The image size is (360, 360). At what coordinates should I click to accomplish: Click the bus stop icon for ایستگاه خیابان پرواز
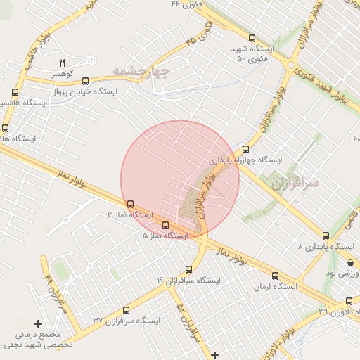(86, 81)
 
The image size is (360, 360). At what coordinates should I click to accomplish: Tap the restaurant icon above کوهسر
(62, 63)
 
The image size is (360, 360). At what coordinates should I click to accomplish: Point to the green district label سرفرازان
(294, 183)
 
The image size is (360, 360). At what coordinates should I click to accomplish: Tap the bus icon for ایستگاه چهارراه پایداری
(245, 149)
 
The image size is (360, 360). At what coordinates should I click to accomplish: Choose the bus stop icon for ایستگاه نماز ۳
(130, 204)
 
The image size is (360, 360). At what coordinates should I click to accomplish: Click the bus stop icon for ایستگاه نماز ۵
(165, 225)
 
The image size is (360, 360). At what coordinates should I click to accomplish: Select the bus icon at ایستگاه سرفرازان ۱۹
(188, 269)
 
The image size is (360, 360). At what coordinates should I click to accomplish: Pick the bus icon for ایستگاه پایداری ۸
(326, 236)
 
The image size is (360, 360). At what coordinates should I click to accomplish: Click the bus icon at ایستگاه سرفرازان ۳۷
(127, 309)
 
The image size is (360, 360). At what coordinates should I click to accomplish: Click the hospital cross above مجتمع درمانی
(39, 323)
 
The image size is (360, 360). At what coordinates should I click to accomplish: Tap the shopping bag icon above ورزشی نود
(350, 262)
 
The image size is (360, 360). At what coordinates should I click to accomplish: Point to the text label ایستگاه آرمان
(276, 286)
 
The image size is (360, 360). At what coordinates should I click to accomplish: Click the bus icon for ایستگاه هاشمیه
(15, 92)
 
